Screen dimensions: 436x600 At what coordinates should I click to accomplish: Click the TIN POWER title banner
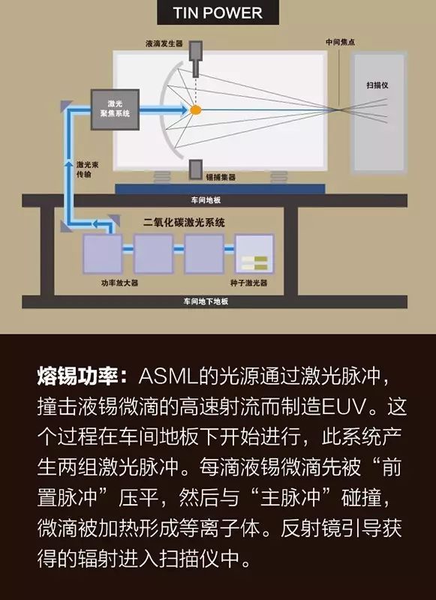(x=218, y=12)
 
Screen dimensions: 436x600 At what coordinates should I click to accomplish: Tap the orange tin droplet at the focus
(x=196, y=110)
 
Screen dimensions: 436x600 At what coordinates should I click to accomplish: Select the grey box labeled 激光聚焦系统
(x=115, y=109)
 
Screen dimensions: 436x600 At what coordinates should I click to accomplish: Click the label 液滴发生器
(x=164, y=43)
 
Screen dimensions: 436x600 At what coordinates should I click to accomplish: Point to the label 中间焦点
(x=340, y=42)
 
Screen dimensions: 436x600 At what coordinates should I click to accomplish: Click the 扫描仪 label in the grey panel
(x=377, y=85)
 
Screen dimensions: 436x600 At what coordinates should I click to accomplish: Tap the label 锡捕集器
(x=221, y=177)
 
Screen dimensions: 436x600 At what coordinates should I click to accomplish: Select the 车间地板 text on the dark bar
(x=206, y=200)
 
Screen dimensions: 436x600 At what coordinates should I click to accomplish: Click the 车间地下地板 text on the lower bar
(x=206, y=301)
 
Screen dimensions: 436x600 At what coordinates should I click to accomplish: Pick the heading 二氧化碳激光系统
(x=184, y=222)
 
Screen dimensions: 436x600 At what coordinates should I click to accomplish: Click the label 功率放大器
(x=119, y=283)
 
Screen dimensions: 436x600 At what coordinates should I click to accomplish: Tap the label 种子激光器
(x=249, y=283)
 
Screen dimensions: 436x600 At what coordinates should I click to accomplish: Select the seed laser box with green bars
(x=254, y=254)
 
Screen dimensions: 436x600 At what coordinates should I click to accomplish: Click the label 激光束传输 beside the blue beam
(x=87, y=169)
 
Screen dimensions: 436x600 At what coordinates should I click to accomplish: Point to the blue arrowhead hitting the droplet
(x=183, y=110)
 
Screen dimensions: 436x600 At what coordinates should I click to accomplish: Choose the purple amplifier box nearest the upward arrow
(x=103, y=254)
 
